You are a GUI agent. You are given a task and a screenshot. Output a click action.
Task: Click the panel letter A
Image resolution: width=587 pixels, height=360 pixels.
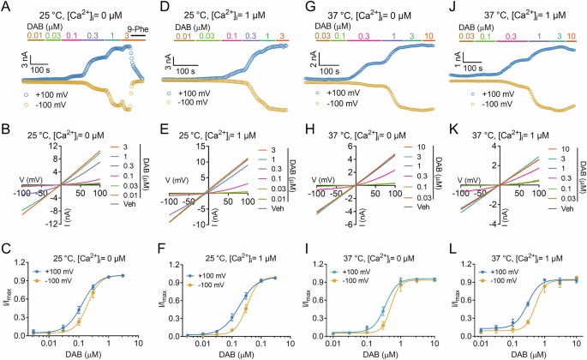[x=6, y=7]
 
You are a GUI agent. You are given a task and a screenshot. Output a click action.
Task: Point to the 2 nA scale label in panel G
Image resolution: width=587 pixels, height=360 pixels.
[x=313, y=59]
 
